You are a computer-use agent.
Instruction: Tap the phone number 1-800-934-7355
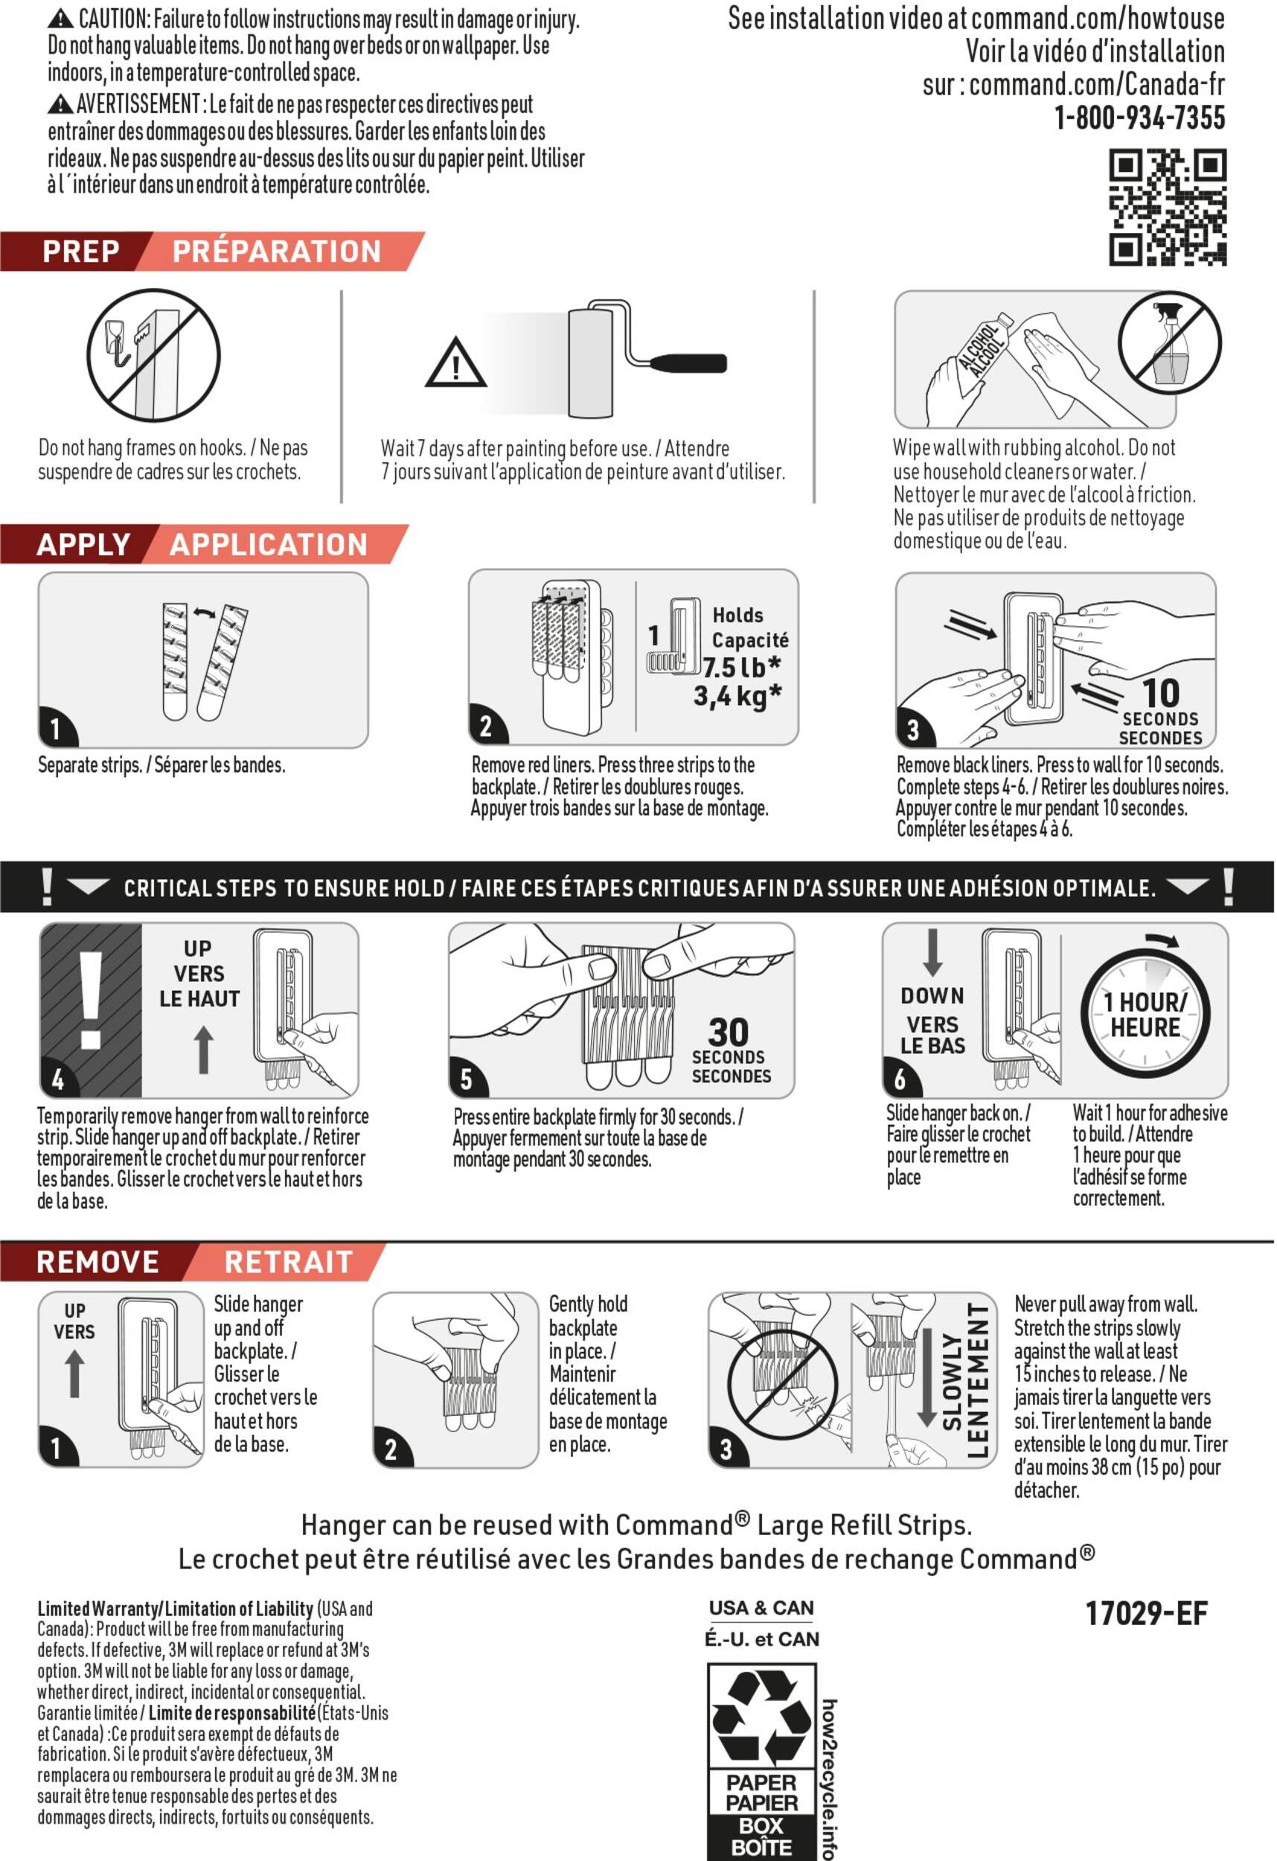pos(1139,118)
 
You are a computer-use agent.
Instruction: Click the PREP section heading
pos(81,252)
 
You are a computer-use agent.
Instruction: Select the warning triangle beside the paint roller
pos(455,363)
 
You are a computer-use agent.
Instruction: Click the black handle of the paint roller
pos(688,363)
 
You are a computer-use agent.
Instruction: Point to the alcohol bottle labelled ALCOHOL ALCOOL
pos(982,355)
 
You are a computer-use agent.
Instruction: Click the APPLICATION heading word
pos(268,544)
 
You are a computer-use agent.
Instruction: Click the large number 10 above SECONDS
pos(1160,693)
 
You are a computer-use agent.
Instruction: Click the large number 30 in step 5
pos(728,1032)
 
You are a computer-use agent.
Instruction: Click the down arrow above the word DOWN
pos(932,952)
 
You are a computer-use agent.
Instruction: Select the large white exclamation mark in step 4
pos(91,1000)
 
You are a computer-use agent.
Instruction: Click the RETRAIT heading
pos(288,1262)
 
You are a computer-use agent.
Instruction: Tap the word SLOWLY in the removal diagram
pos(951,1382)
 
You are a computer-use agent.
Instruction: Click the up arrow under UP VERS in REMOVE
pos(74,1373)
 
